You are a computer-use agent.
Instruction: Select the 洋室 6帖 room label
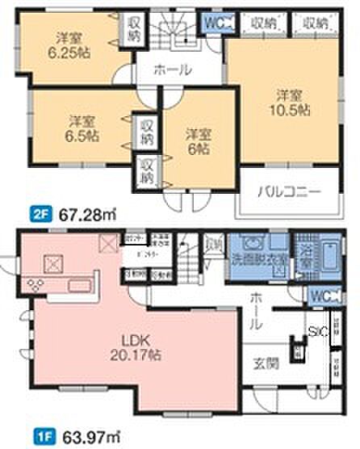[197, 141]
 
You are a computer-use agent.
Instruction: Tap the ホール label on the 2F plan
[173, 70]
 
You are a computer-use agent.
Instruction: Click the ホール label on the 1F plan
[255, 311]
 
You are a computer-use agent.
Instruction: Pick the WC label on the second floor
[212, 23]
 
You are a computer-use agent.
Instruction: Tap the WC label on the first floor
[317, 296]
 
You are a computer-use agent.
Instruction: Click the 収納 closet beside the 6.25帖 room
[133, 31]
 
